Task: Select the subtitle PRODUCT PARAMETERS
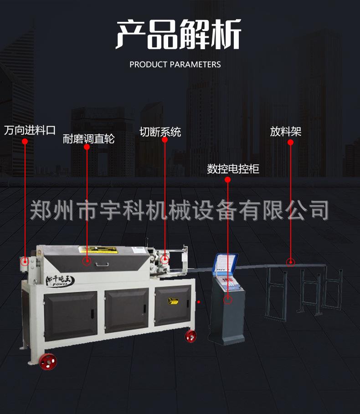point(175,65)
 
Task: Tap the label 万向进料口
point(30,131)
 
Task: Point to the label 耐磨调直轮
point(88,139)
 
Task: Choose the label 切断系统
point(160,132)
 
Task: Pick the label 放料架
point(286,132)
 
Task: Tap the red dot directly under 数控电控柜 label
point(228,180)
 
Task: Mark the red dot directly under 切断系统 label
point(165,140)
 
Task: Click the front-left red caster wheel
point(47,361)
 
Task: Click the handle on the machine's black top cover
point(101,263)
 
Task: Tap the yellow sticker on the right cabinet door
point(172,301)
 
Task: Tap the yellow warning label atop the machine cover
point(98,249)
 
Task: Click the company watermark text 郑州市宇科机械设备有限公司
point(179,210)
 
